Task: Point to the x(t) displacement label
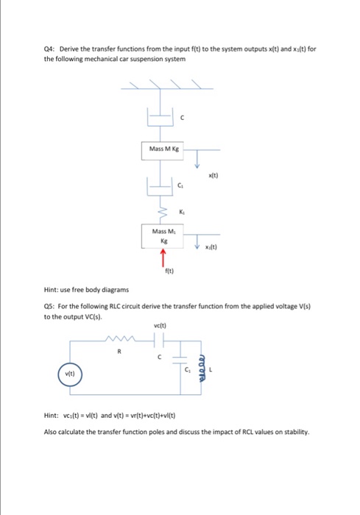(x=214, y=175)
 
